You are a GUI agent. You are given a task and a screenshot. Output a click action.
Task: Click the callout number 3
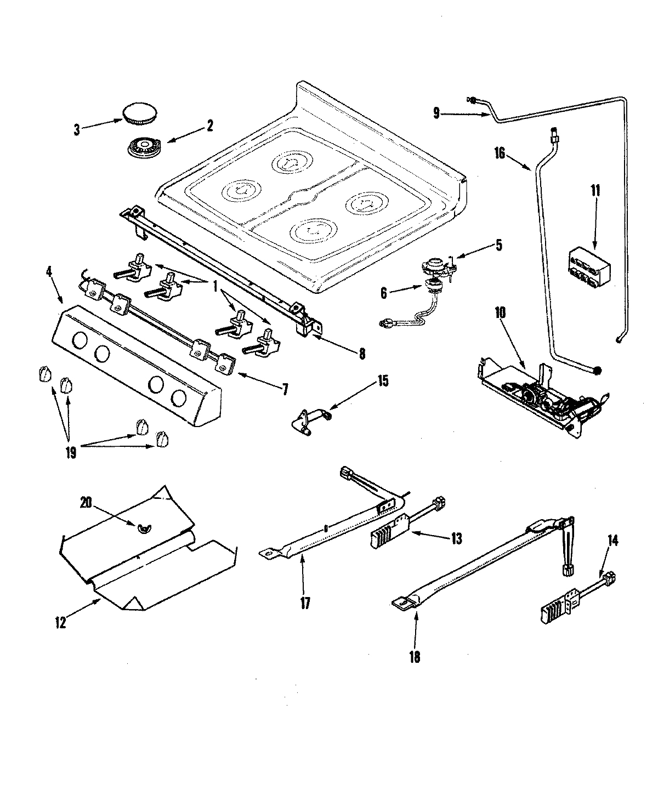point(77,130)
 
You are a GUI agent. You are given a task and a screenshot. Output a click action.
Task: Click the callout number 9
point(436,113)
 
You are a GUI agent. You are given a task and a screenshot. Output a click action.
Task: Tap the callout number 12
point(60,622)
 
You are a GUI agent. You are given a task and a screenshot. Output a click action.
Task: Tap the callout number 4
point(51,270)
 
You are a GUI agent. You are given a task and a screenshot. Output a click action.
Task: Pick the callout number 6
point(383,294)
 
